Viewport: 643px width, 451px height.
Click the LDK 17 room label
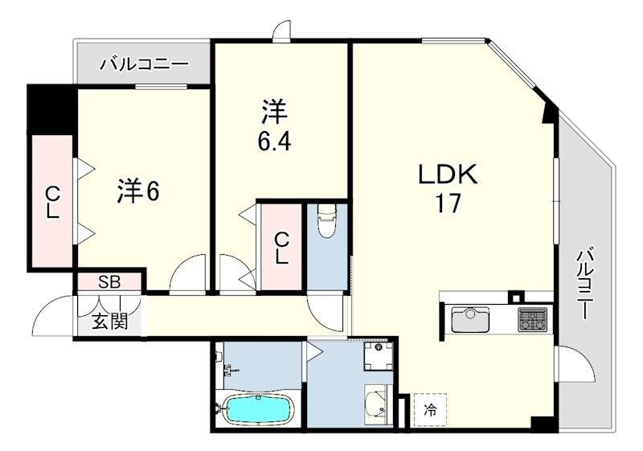pyautogui.click(x=447, y=187)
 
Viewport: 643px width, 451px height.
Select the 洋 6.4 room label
pyautogui.click(x=273, y=125)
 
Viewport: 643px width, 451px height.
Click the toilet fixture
pyautogui.click(x=327, y=221)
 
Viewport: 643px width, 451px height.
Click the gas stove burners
pyautogui.click(x=532, y=319)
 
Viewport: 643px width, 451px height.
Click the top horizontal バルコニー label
pyautogui.click(x=145, y=64)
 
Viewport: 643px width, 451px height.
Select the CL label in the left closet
pyautogui.click(x=51, y=203)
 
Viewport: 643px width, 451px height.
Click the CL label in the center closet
pyautogui.click(x=281, y=248)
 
